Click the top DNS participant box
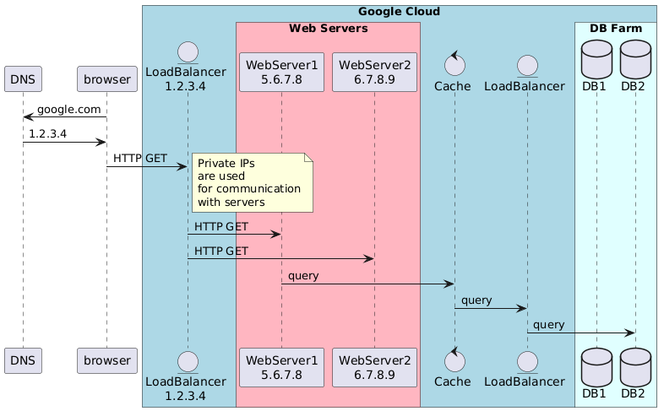(23, 79)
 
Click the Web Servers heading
(328, 29)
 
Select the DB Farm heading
(615, 29)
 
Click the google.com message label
(69, 110)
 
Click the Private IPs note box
(253, 181)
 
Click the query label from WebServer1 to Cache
(303, 276)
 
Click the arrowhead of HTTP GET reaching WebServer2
(369, 259)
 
